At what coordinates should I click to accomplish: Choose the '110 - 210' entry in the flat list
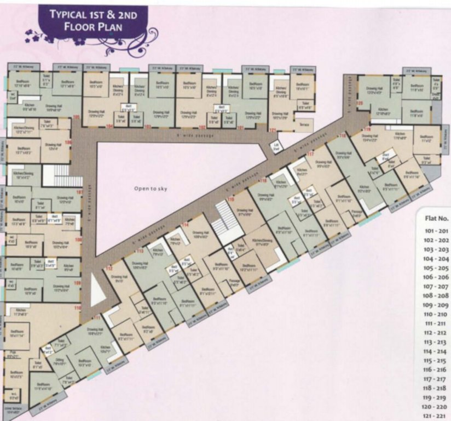pos(436,314)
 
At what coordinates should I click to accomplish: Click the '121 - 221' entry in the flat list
pos(436,416)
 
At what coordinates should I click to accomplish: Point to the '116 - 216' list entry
pos(436,370)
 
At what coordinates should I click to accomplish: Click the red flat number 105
pos(76,117)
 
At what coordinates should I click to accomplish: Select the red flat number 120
pos(360,103)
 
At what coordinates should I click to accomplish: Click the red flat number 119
pos(367,129)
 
